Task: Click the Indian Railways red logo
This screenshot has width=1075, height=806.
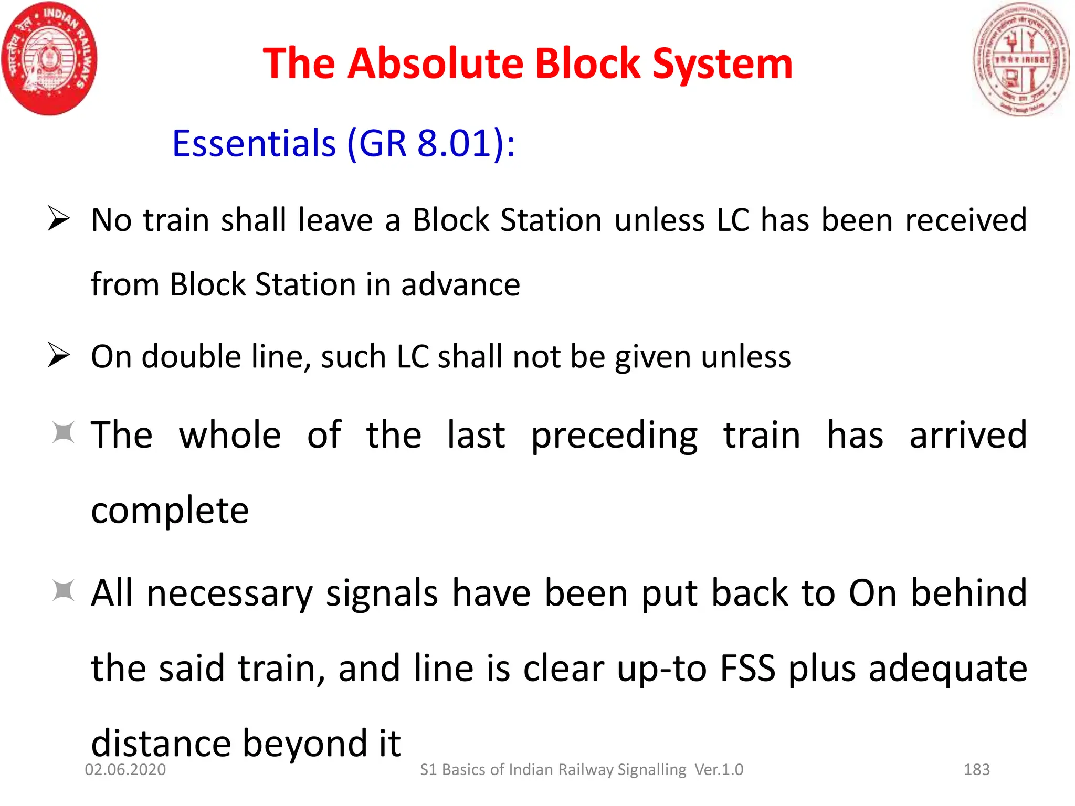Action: pyautogui.click(x=49, y=59)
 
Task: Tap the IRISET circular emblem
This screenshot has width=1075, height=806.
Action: pyautogui.click(x=1020, y=59)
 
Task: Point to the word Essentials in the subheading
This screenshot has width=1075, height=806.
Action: pyautogui.click(x=254, y=143)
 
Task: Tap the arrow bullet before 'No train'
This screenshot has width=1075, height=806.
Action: pyautogui.click(x=58, y=218)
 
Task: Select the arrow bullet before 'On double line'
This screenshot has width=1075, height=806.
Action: pyautogui.click(x=58, y=355)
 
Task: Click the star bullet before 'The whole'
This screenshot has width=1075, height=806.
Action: pyautogui.click(x=64, y=433)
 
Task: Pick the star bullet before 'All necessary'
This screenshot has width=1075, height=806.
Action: pyautogui.click(x=64, y=591)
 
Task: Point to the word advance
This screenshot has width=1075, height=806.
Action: pyautogui.click(x=460, y=285)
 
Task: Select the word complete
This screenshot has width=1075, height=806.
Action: pyautogui.click(x=170, y=511)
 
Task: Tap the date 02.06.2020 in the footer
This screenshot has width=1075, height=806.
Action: pyautogui.click(x=125, y=769)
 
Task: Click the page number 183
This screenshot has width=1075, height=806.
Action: pyautogui.click(x=976, y=769)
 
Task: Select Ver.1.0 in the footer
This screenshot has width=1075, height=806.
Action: pyautogui.click(x=719, y=769)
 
